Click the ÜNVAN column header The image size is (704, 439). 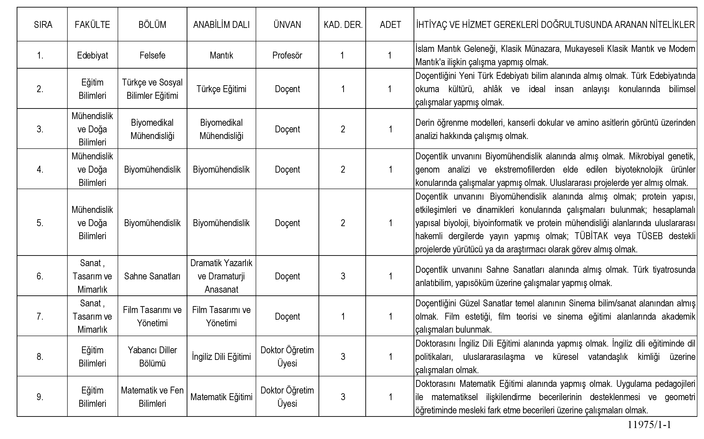(x=287, y=25)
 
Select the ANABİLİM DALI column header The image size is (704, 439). (x=221, y=25)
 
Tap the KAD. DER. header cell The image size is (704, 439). (x=343, y=25)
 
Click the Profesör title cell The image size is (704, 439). (x=287, y=55)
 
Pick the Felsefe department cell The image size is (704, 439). (x=152, y=55)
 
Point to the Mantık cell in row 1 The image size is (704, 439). (x=221, y=55)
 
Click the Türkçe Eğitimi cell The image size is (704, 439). (x=221, y=89)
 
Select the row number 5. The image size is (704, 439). (x=40, y=223)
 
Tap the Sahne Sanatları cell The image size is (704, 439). (x=152, y=276)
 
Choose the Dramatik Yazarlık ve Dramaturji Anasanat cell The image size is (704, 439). (x=221, y=276)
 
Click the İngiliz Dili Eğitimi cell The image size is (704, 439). (x=221, y=356)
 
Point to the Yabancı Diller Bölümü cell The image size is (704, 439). (x=152, y=356)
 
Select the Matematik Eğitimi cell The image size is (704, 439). (x=221, y=397)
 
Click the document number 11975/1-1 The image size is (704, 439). (x=649, y=425)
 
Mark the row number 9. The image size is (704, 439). (x=40, y=397)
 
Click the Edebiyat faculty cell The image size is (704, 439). (x=93, y=55)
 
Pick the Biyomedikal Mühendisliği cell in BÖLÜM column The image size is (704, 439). (x=152, y=129)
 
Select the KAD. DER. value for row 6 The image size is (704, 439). (x=343, y=276)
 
